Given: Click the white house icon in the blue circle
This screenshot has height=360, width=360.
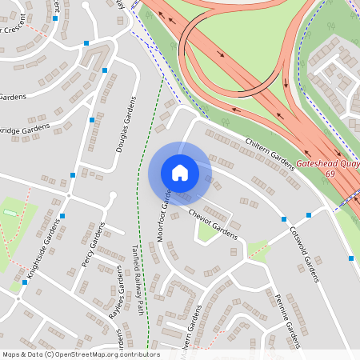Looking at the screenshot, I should [x=180, y=173].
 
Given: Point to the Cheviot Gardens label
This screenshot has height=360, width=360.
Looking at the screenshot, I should [x=214, y=224].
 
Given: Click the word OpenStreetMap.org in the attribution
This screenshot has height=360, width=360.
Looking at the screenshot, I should [x=98, y=354].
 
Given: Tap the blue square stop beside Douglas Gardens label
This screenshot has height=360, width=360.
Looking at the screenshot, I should [x=105, y=71].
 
